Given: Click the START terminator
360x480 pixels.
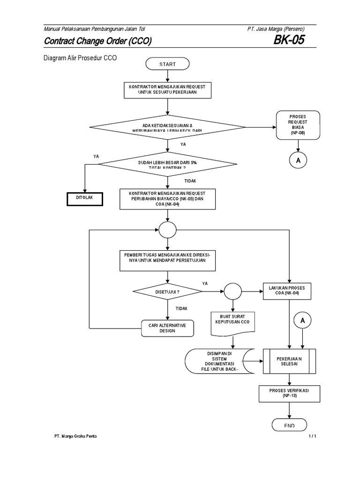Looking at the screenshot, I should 167,64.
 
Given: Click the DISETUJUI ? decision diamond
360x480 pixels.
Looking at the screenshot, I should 167,292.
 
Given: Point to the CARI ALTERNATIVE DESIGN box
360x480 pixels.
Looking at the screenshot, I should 167,327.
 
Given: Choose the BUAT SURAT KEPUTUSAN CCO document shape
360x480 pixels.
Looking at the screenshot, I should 232,323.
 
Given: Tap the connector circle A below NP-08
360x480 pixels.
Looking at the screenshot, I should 298,160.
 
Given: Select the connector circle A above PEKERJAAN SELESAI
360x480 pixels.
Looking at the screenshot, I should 302,321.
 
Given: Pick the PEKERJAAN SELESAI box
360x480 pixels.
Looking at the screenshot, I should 289,361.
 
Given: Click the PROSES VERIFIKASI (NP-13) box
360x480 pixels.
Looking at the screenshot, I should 289,394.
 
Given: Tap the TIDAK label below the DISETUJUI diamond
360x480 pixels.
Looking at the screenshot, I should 182,308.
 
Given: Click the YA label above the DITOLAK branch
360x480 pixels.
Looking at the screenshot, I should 96,156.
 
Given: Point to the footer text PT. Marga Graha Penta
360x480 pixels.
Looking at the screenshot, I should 76,436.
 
